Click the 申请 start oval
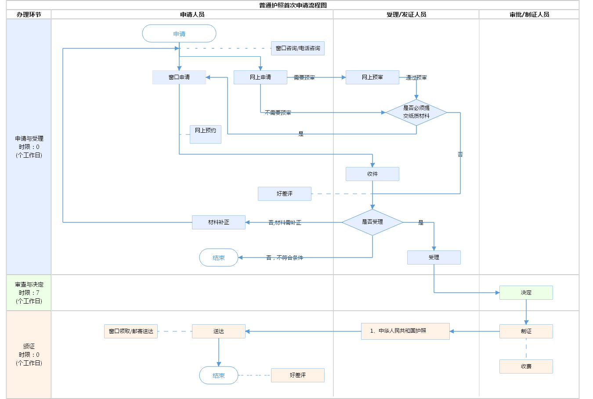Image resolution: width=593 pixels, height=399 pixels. (x=179, y=33)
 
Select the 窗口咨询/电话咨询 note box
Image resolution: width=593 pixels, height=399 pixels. (x=298, y=48)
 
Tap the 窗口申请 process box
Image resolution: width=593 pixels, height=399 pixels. (x=179, y=77)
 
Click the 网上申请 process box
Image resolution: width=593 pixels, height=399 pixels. (x=260, y=77)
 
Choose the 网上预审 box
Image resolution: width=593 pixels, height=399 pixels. (x=372, y=77)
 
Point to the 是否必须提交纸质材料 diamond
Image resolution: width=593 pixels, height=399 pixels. (x=416, y=112)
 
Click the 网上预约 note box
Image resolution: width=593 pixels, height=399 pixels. (x=206, y=134)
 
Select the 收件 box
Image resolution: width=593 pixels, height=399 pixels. (x=372, y=174)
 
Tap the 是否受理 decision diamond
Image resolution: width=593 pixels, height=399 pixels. (x=372, y=222)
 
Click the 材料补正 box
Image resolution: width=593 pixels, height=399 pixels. (x=219, y=222)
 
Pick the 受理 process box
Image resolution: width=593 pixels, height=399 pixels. (x=434, y=258)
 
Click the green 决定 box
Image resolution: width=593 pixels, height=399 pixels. (x=526, y=293)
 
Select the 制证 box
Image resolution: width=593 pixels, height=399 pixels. (x=526, y=331)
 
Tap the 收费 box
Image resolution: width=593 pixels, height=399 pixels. (x=526, y=366)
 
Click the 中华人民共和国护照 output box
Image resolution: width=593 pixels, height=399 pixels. (x=405, y=331)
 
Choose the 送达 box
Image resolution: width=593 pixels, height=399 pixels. (x=219, y=331)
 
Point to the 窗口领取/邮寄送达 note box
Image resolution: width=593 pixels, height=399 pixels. (x=131, y=331)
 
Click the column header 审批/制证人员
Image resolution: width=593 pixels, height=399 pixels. (x=529, y=15)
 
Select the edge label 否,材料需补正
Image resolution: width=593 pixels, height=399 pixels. (x=285, y=223)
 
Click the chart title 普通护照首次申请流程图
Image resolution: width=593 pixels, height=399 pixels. (x=293, y=5)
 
